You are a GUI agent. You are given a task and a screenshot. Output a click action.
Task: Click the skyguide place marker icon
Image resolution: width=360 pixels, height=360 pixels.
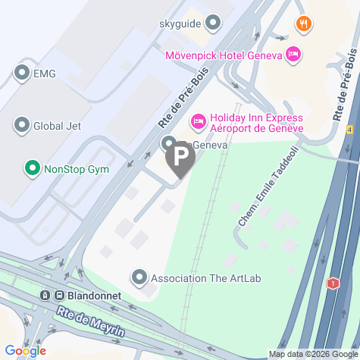[213, 23]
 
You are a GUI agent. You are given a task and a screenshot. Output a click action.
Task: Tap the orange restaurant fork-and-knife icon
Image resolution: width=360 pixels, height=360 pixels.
[304, 23]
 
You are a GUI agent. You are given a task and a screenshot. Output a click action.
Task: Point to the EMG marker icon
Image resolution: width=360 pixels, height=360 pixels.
[20, 74]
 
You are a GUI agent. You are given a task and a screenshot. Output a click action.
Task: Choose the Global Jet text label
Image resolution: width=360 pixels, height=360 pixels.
[58, 126]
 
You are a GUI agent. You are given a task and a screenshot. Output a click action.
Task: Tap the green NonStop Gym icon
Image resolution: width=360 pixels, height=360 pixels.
[32, 167]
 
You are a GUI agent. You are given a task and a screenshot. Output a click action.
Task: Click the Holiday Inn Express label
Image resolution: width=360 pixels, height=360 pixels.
[256, 123]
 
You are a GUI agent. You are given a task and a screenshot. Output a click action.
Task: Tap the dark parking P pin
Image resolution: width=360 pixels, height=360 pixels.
[180, 158]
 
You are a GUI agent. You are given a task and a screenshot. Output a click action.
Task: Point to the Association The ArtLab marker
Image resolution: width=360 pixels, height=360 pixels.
[139, 277]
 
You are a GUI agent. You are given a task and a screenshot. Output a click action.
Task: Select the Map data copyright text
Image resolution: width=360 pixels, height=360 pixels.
[312, 354]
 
